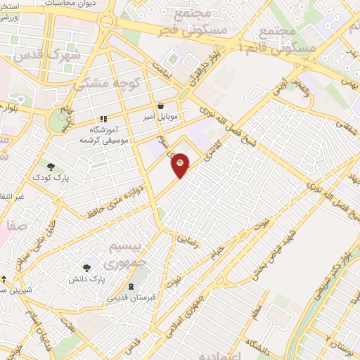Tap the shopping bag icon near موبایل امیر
161,105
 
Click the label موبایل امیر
160,115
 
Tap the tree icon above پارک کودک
51,166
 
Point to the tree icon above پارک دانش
86,268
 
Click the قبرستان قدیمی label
131,297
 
